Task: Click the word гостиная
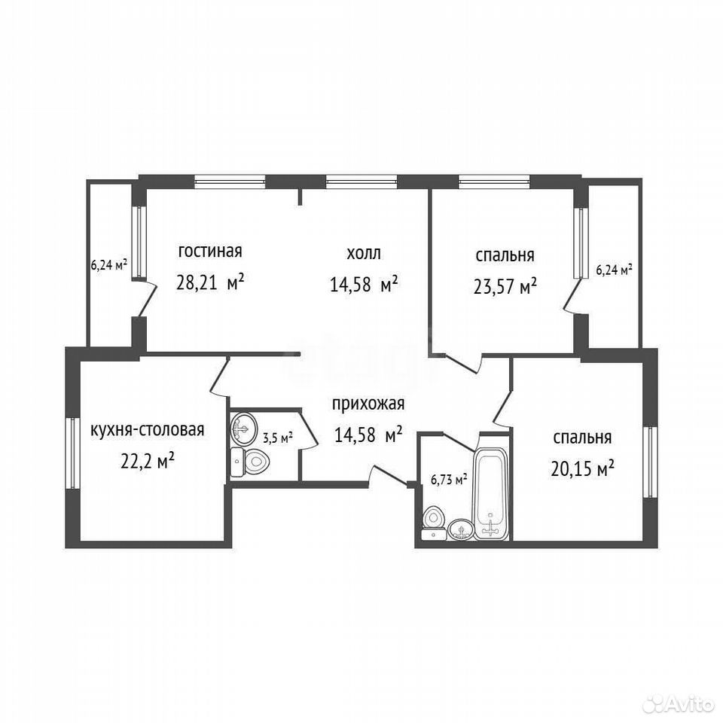coord(210,252)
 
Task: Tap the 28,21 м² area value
coord(210,282)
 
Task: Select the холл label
coord(363,253)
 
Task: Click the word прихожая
coord(368,404)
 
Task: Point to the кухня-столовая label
coord(147,430)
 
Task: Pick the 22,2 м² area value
coord(147,460)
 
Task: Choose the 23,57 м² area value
coord(505,286)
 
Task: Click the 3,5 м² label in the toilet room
coord(278,438)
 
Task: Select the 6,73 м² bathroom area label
coord(449,480)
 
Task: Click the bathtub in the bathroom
coord(492,493)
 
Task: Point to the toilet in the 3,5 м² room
coord(249,462)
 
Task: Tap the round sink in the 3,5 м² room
coord(244,428)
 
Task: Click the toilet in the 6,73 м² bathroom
coord(434,523)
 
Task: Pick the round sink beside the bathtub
coord(461,529)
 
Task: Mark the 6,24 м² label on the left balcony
coord(108,265)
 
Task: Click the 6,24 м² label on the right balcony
coord(615,270)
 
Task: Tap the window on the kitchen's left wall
coord(72,453)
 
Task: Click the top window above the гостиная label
coord(230,182)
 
